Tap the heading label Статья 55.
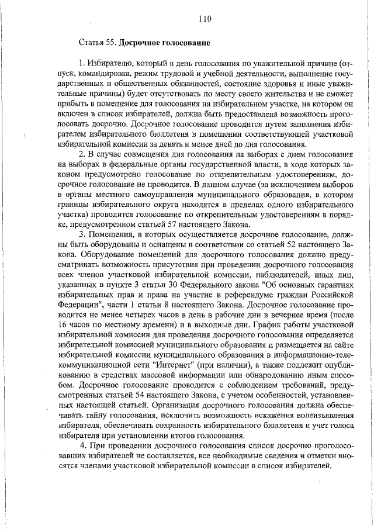[95, 43]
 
